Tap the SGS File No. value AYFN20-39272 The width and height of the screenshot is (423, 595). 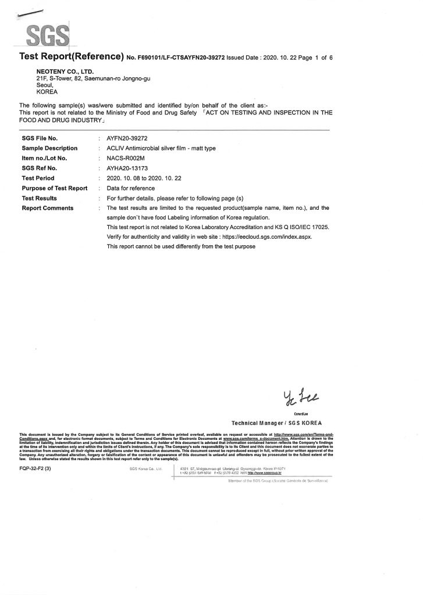[x=129, y=139]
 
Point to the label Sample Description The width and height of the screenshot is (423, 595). [x=49, y=149]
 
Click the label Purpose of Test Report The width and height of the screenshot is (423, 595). [x=55, y=188]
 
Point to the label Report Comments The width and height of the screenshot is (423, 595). [x=48, y=207]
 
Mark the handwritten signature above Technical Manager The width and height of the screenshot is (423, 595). [x=298, y=397]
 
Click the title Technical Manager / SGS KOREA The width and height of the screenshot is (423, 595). [x=276, y=423]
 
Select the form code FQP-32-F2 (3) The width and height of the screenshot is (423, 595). [x=36, y=468]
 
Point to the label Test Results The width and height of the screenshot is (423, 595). [x=41, y=198]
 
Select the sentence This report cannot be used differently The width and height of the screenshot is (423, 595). [x=182, y=247]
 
